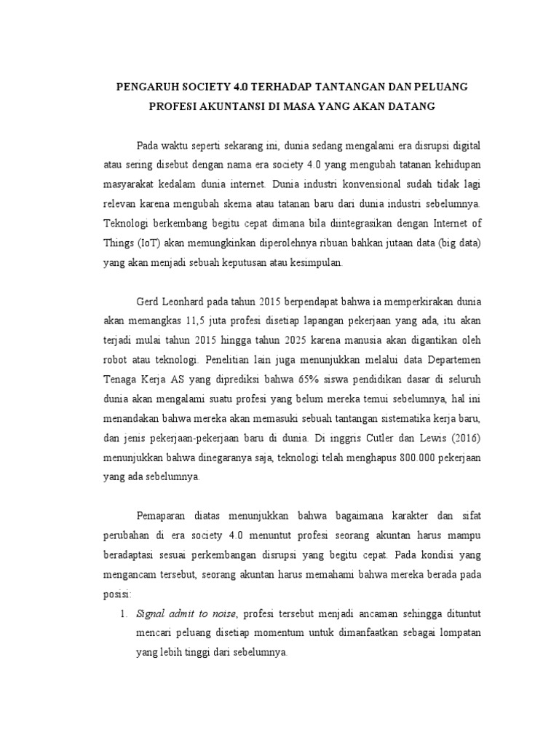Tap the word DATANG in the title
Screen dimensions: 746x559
click(411, 106)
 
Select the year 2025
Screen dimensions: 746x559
click(274, 340)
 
